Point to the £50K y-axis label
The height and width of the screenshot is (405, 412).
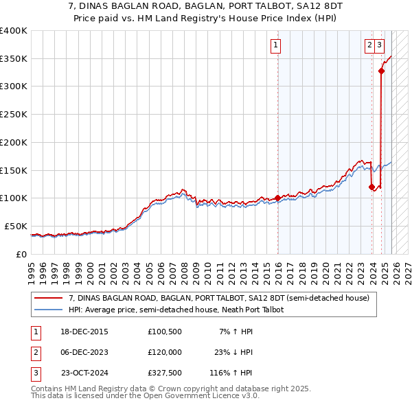(x=15, y=226)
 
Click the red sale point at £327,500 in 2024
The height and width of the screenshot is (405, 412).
(x=381, y=71)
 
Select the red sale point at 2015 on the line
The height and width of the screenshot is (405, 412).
(x=277, y=198)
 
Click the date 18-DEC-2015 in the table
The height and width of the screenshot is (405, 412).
(x=84, y=332)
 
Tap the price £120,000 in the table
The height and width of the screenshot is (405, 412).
(x=164, y=353)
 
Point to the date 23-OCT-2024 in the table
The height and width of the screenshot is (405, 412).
(x=84, y=374)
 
